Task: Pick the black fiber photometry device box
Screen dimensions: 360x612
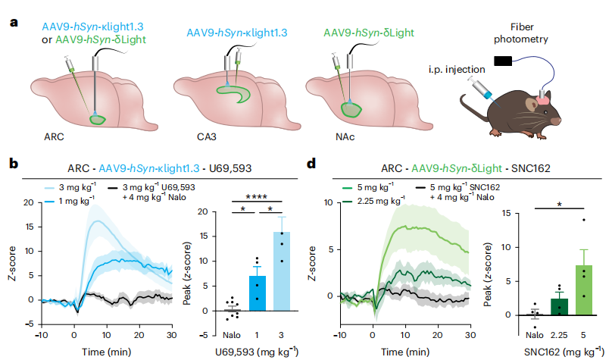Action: point(501,59)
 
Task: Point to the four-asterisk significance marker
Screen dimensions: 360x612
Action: point(257,199)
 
